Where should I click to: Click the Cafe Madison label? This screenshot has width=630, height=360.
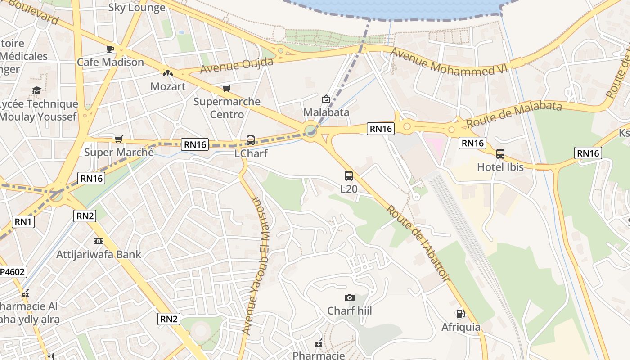pyautogui.click(x=110, y=62)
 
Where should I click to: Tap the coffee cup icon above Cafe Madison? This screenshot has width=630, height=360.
pyautogui.click(x=110, y=49)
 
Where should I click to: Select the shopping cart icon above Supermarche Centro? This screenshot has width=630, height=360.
pyautogui.click(x=226, y=89)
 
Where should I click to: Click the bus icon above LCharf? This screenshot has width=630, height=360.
pyautogui.click(x=251, y=140)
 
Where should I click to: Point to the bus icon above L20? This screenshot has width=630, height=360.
pyautogui.click(x=349, y=176)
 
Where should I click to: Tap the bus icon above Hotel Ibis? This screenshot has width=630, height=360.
pyautogui.click(x=500, y=154)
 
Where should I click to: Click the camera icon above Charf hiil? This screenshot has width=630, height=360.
pyautogui.click(x=349, y=297)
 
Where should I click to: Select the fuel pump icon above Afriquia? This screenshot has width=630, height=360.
pyautogui.click(x=460, y=314)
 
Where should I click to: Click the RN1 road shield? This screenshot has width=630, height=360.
pyautogui.click(x=23, y=221)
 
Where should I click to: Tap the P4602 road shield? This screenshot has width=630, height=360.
pyautogui.click(x=13, y=272)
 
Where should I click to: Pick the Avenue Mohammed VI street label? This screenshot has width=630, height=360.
pyautogui.click(x=449, y=61)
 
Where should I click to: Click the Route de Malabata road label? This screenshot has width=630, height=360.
pyautogui.click(x=514, y=114)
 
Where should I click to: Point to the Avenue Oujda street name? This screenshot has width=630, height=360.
pyautogui.click(x=237, y=66)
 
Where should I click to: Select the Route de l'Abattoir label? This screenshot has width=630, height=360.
pyautogui.click(x=418, y=243)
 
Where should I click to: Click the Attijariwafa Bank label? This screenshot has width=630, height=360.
pyautogui.click(x=99, y=254)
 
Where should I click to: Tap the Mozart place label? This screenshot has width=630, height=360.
pyautogui.click(x=168, y=86)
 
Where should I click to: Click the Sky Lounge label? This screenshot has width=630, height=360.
pyautogui.click(x=137, y=8)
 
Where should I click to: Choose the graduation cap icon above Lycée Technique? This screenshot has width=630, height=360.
pyautogui.click(x=36, y=91)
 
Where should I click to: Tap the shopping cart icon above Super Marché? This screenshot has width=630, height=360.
pyautogui.click(x=118, y=139)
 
